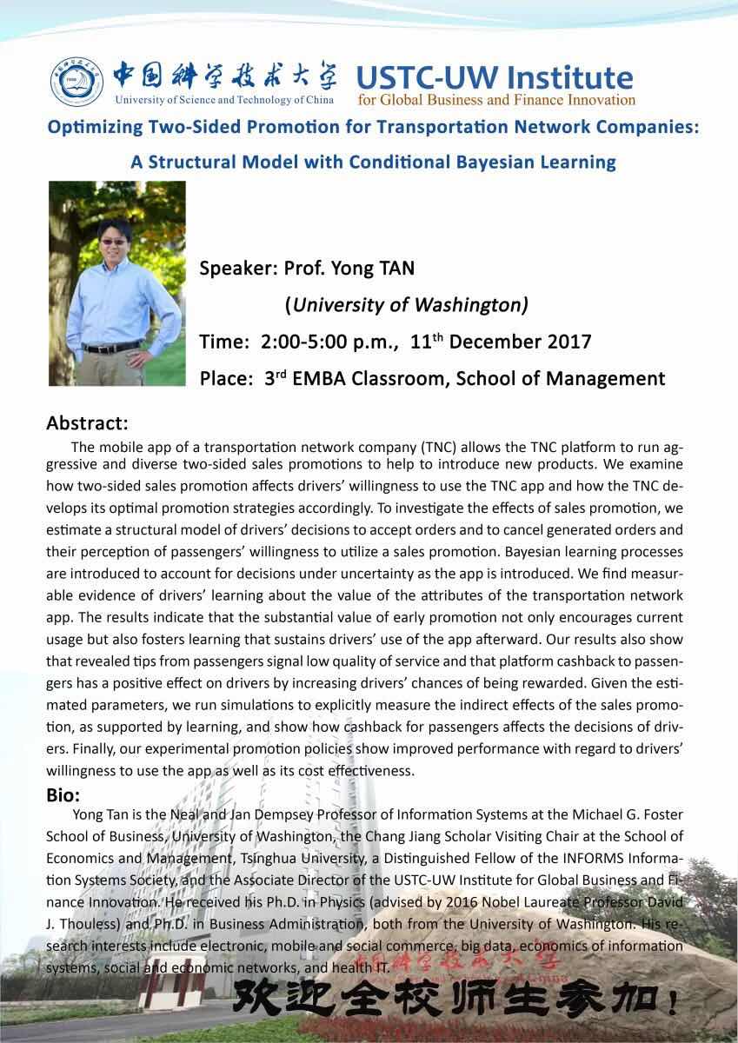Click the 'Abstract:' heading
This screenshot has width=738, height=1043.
[87, 424]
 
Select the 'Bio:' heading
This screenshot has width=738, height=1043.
[63, 794]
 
